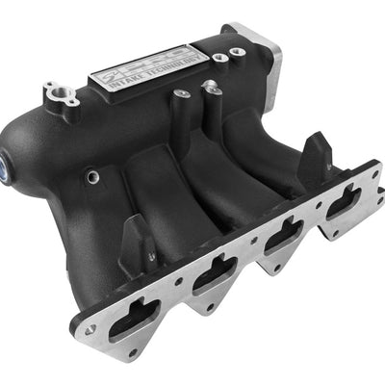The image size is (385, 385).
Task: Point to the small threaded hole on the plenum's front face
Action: [92, 176]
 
